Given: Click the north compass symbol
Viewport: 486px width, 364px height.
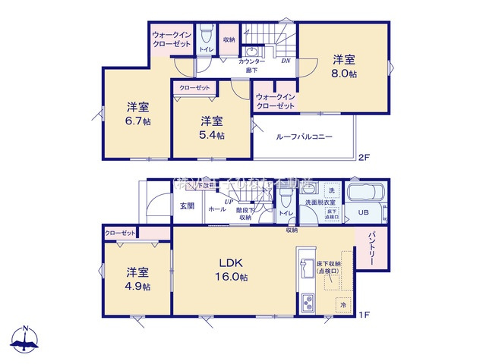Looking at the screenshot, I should pyautogui.click(x=26, y=339).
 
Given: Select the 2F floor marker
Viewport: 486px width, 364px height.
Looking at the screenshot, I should pyautogui.click(x=364, y=158).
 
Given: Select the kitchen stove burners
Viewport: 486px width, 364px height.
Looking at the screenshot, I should pyautogui.click(x=311, y=303).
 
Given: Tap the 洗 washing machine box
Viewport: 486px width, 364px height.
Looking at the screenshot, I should pyautogui.click(x=331, y=190).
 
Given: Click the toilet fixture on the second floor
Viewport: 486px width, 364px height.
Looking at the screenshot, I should pyautogui.click(x=206, y=36).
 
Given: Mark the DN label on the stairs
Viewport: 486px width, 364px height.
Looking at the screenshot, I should pyautogui.click(x=286, y=61).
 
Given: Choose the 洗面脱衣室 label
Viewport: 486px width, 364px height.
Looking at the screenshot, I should pyautogui.click(x=318, y=203).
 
